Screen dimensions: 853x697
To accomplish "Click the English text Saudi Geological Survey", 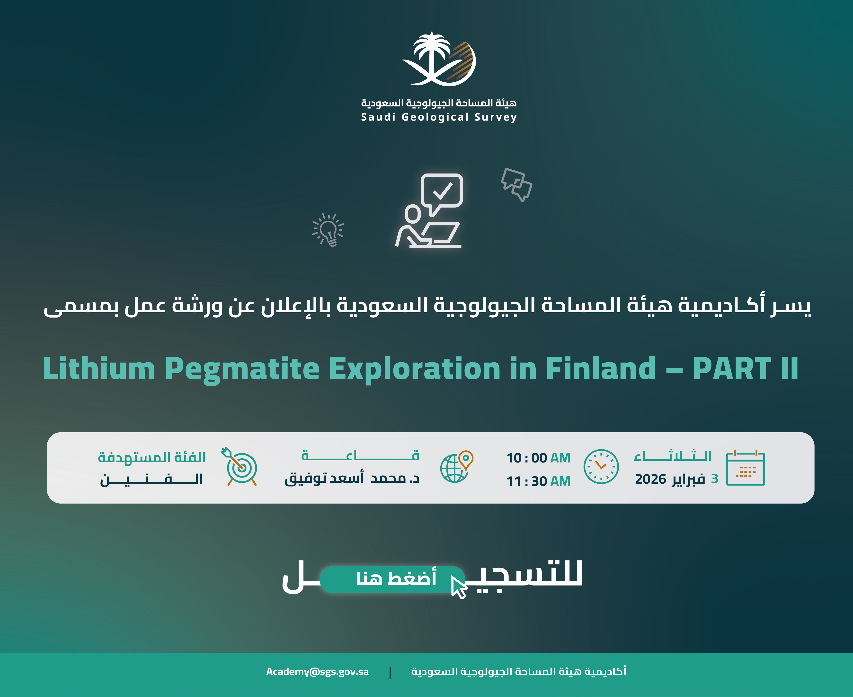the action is pos(439,117).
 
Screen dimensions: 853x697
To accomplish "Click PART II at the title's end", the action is pos(746,368).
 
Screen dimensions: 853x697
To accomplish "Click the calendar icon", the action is pos(745,468).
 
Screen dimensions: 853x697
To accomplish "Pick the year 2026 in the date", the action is pos(651,479).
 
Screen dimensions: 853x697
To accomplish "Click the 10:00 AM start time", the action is pos(538,458).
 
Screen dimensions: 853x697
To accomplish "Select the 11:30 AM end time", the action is pos(538,481).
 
